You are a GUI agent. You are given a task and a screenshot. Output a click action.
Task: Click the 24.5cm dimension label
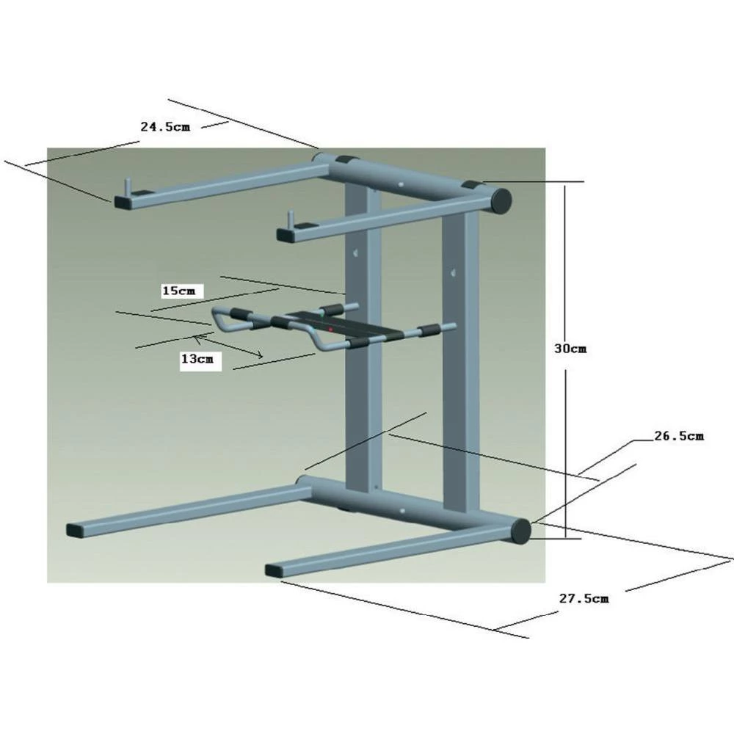click(x=165, y=126)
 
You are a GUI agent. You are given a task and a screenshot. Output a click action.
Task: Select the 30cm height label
click(x=570, y=349)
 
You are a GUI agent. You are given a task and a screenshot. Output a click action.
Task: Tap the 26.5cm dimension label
click(x=679, y=436)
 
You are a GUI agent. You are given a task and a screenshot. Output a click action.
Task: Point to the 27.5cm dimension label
click(x=584, y=598)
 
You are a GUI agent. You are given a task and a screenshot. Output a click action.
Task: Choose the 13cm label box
click(x=200, y=360)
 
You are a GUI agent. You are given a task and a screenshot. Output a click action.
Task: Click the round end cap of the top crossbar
click(x=501, y=200)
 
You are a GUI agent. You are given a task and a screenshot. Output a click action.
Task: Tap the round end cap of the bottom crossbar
click(x=520, y=531)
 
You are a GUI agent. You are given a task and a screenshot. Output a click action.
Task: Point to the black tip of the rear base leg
click(x=76, y=528)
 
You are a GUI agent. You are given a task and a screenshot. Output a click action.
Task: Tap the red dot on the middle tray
click(x=331, y=330)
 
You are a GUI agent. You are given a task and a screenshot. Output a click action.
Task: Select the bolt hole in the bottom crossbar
click(x=402, y=512)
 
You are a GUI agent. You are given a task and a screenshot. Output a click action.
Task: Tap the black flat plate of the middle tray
click(x=316, y=323)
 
